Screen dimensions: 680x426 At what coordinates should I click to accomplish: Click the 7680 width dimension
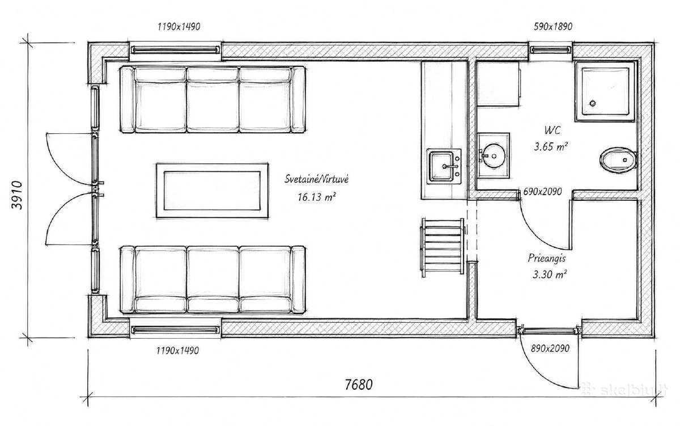click(x=359, y=385)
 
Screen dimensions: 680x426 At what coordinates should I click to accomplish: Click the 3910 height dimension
click(x=17, y=195)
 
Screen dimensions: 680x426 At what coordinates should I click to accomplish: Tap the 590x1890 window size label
click(x=553, y=27)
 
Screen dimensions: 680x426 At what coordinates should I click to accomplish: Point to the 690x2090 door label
click(x=542, y=192)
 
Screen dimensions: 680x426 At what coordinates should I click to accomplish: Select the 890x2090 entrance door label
click(x=550, y=348)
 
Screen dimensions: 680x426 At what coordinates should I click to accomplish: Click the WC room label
click(x=552, y=130)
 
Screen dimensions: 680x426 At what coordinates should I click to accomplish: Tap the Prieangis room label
click(x=547, y=258)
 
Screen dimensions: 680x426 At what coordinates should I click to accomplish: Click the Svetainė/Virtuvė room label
click(x=316, y=179)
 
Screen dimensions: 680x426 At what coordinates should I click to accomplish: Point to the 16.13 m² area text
click(x=316, y=197)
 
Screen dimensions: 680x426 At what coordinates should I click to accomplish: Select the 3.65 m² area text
click(x=551, y=147)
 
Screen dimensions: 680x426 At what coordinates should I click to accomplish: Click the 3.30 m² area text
click(x=550, y=275)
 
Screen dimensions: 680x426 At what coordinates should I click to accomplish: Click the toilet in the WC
click(x=618, y=160)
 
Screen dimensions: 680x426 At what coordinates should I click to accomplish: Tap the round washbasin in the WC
click(x=494, y=156)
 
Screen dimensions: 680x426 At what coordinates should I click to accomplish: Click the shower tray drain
click(x=593, y=103)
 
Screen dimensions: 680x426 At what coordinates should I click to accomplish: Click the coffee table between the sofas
click(x=212, y=191)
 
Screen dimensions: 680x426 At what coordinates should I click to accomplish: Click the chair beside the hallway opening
click(x=443, y=248)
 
